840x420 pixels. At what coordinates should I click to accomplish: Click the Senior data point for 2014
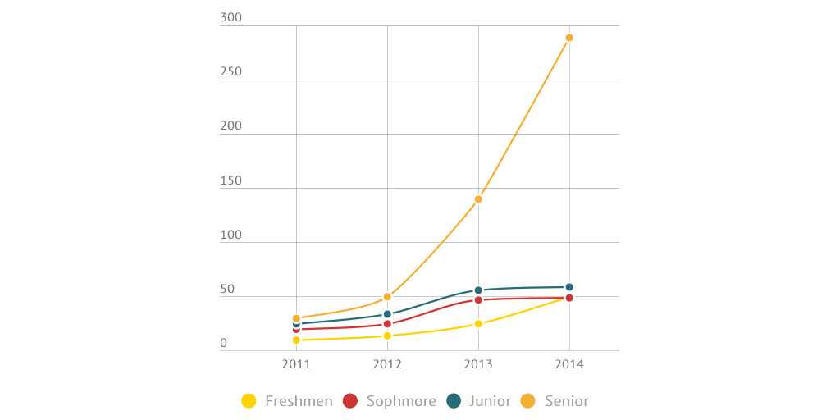569,38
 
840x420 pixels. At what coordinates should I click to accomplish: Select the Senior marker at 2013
478,199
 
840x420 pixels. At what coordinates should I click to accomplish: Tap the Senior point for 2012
387,297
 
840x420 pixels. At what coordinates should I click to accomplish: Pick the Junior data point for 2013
478,290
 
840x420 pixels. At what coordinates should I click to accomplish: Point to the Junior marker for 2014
569,287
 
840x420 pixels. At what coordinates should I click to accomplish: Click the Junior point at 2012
387,314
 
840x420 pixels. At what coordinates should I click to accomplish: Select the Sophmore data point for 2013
478,300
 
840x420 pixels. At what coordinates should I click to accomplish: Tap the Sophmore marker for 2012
387,324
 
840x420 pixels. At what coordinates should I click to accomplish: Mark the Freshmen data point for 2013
478,324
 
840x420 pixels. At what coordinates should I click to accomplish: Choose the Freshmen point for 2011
296,340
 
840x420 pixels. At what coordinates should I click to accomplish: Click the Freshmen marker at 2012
387,336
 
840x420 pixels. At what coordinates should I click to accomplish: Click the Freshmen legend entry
288,401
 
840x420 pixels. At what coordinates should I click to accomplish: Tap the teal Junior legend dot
454,401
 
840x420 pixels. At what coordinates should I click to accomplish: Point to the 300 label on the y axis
231,18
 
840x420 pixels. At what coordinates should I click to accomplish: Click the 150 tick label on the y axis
231,180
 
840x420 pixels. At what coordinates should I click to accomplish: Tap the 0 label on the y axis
224,343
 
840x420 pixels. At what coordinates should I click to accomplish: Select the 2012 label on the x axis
387,364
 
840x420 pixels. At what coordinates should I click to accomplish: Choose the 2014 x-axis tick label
569,364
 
